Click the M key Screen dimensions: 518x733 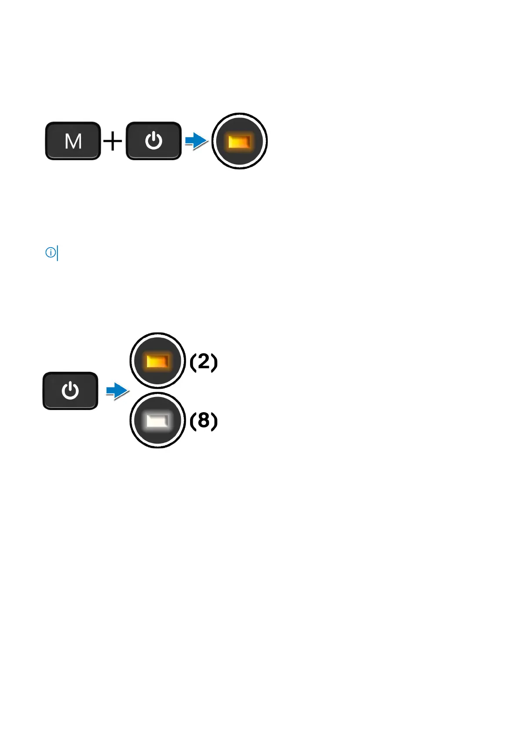[73, 141]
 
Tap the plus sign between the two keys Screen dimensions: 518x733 [113, 141]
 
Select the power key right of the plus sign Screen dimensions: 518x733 [154, 141]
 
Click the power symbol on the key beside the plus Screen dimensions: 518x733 [154, 141]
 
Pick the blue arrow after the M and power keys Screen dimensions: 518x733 [196, 141]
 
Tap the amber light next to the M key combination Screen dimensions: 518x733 [239, 141]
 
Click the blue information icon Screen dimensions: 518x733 [50, 252]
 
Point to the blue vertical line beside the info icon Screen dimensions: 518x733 [57, 253]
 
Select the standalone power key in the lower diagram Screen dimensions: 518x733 [70, 391]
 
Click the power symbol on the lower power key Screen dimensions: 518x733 [70, 391]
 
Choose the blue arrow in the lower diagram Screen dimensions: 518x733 [117, 391]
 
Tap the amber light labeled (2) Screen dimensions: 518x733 [157, 361]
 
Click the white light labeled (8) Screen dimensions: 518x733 [157, 420]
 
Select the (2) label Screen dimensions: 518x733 [204, 362]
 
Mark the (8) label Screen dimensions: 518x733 [204, 421]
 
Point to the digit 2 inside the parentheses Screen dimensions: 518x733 [204, 361]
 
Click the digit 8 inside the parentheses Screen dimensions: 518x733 [204, 420]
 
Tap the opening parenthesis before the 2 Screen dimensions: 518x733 [193, 362]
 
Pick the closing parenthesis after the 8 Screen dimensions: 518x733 [214, 421]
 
